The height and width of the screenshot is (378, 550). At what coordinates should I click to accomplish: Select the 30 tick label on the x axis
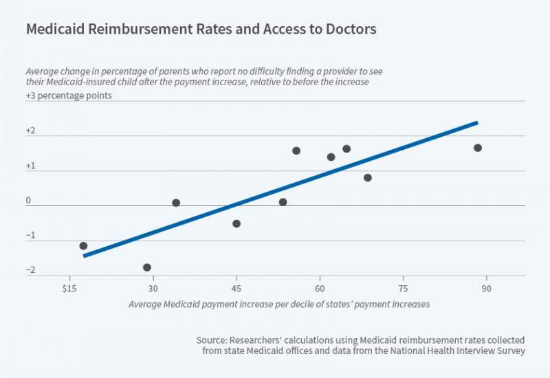point(153,288)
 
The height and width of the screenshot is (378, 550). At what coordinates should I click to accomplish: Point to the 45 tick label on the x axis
point(236,288)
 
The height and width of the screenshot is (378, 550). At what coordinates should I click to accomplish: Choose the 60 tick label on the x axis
point(320,288)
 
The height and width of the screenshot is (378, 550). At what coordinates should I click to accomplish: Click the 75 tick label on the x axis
point(403,288)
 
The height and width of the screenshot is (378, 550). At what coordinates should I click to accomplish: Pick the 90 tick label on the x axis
point(486,288)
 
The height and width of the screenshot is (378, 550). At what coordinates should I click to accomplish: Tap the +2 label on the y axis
point(31,131)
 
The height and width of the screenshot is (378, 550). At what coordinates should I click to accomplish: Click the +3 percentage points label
point(69,96)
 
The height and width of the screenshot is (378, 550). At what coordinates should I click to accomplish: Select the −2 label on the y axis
point(31,269)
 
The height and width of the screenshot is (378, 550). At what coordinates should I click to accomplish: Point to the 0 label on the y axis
point(29,201)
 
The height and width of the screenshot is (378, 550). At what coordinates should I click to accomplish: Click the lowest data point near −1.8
point(146,267)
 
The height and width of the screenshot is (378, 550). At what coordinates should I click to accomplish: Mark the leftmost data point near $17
point(83,245)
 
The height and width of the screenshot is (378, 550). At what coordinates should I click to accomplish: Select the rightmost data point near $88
point(478,148)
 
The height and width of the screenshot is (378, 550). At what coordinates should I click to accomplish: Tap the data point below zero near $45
point(236,223)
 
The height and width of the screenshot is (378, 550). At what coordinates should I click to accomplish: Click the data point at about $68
point(368,177)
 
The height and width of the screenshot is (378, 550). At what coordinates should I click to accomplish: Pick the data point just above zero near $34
point(176,203)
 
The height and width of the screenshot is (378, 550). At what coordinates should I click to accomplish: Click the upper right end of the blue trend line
point(476,122)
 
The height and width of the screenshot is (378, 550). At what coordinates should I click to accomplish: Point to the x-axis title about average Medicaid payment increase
point(278,304)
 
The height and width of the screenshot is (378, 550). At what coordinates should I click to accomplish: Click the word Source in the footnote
point(209,340)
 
